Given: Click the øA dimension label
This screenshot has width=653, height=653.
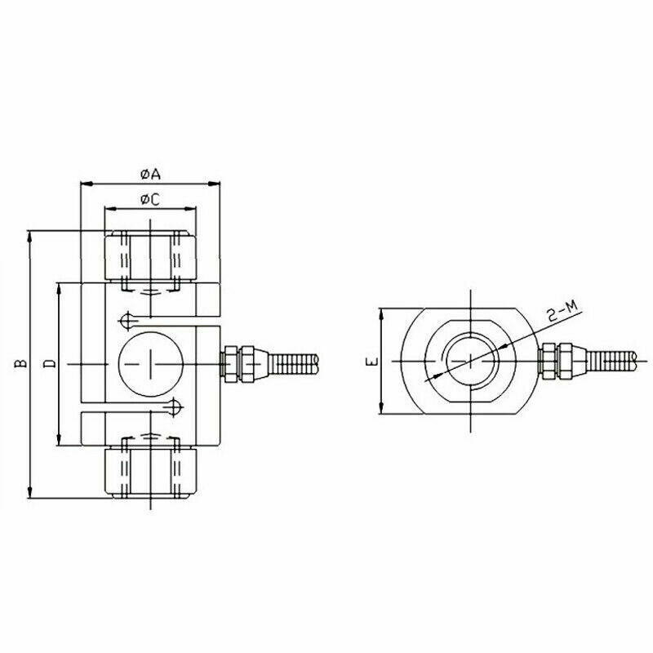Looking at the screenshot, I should (x=149, y=174).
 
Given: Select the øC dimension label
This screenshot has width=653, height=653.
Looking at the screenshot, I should (x=149, y=199).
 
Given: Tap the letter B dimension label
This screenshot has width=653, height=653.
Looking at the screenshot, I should (x=20, y=363).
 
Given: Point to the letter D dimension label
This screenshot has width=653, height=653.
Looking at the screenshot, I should (x=49, y=363).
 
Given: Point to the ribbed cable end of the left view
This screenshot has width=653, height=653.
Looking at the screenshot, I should (x=294, y=362).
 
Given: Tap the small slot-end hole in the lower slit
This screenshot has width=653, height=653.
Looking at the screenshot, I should (x=175, y=406).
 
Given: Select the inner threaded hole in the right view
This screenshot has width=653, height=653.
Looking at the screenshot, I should (x=471, y=362).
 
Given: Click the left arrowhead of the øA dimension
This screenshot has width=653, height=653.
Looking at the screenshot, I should (x=84, y=183).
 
